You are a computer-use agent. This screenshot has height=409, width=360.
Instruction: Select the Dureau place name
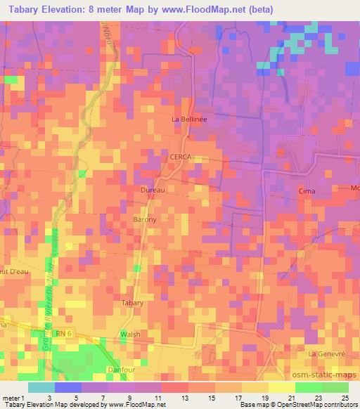click(153, 190)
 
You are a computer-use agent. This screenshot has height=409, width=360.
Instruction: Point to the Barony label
click(144, 219)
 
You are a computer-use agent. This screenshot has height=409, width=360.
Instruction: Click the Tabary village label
click(133, 303)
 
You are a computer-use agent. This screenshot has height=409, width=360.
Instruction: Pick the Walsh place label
click(131, 334)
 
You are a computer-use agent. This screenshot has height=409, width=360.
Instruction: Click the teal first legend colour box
click(42, 387)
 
